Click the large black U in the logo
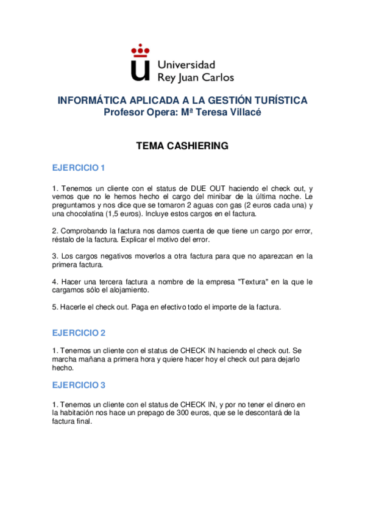coord(140,68)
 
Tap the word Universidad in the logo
coord(186,63)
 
